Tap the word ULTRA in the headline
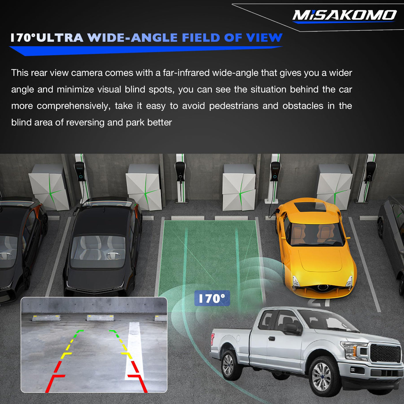(x=60, y=38)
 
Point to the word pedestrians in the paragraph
(x=233, y=106)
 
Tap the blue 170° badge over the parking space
(x=212, y=298)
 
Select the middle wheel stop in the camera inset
(x=100, y=318)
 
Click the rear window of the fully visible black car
(x=98, y=251)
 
